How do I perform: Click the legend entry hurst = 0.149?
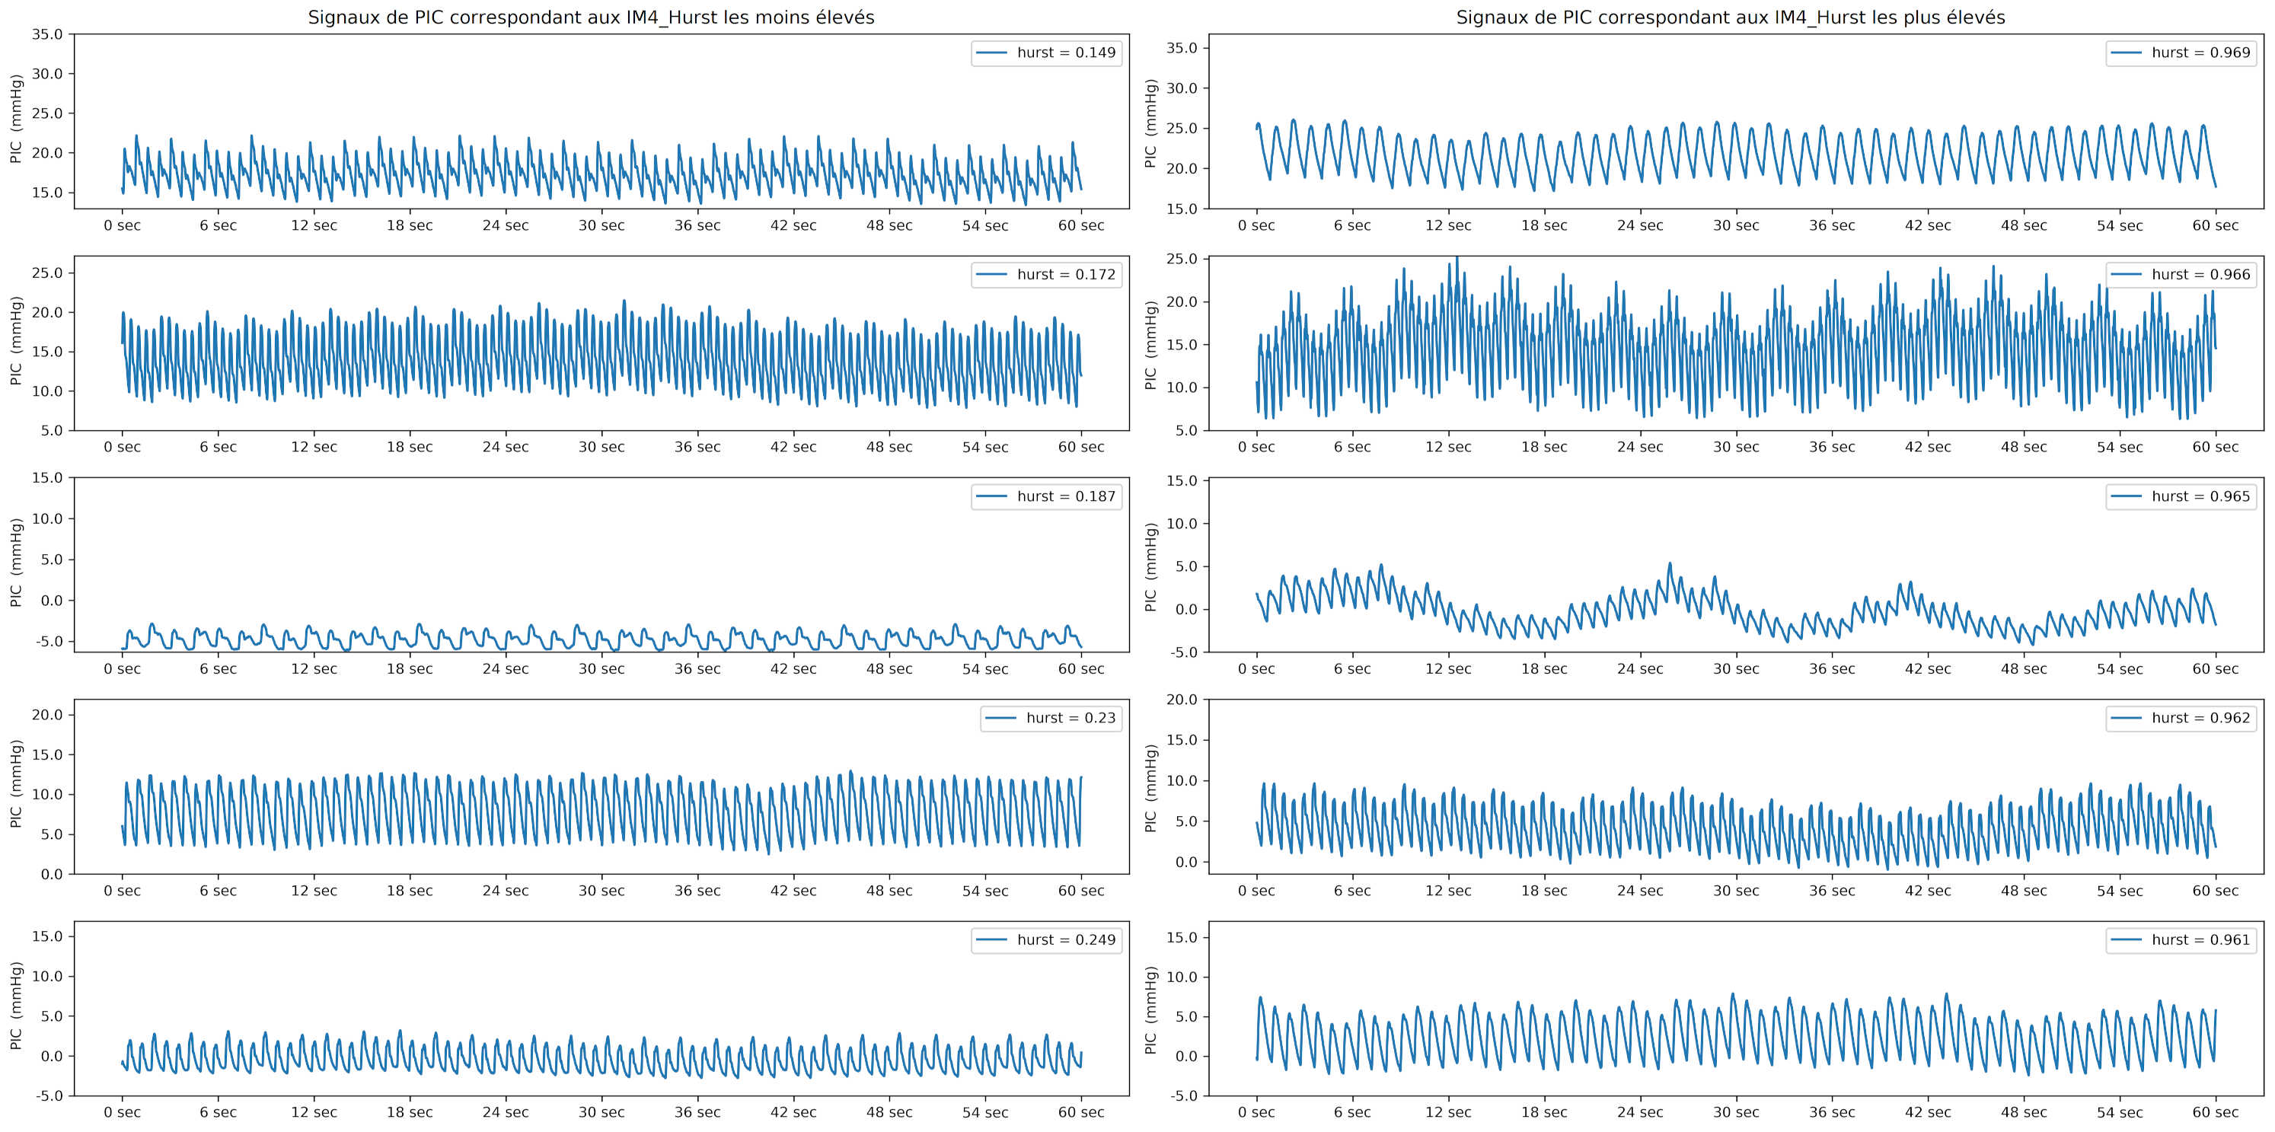click(x=1047, y=53)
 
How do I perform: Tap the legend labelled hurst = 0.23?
click(x=1051, y=718)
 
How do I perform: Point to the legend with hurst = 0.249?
click(x=1047, y=939)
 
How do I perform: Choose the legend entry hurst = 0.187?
click(x=1047, y=496)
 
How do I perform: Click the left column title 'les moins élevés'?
click(x=591, y=17)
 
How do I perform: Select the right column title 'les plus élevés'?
click(x=1730, y=17)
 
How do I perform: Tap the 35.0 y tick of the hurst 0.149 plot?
click(x=48, y=34)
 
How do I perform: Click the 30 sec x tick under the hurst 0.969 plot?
click(x=1736, y=225)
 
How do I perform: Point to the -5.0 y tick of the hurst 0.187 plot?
click(x=48, y=641)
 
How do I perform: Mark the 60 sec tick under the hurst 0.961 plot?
click(x=2215, y=1112)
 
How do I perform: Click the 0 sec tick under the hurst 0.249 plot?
click(x=122, y=1112)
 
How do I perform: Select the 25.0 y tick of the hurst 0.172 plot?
click(x=48, y=273)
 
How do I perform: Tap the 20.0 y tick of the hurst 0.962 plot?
click(x=1182, y=700)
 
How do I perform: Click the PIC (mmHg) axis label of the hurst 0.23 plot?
click(x=16, y=784)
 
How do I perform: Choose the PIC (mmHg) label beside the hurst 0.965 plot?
click(x=1150, y=567)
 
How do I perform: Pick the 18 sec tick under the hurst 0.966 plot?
click(x=1544, y=447)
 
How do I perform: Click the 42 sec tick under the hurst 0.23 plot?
click(x=793, y=891)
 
